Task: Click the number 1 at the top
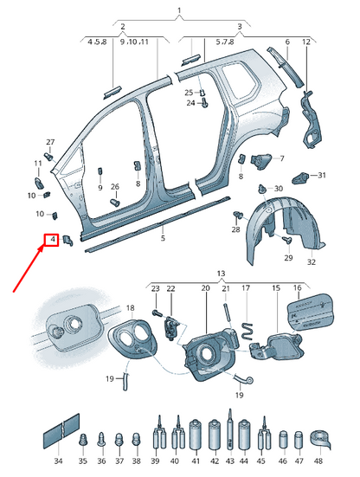[179, 11]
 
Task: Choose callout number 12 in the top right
[305, 42]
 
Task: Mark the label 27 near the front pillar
[49, 142]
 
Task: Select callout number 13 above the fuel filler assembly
[221, 273]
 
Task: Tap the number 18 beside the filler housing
[130, 307]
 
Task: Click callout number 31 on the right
[321, 176]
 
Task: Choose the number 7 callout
[281, 158]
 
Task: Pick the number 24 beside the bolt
[191, 103]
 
